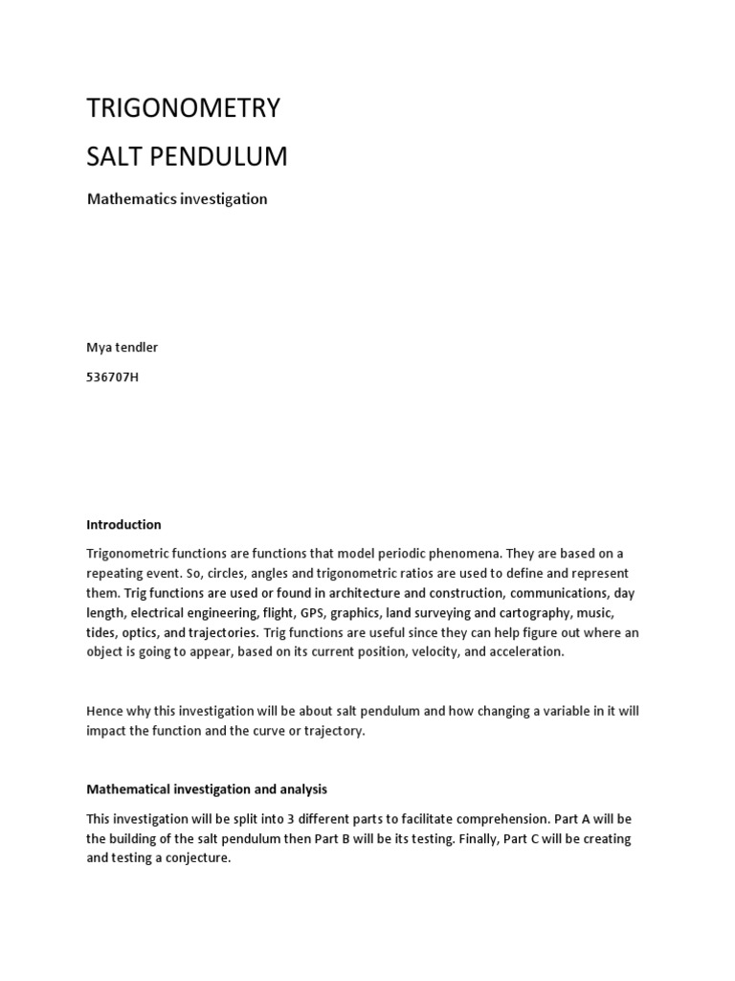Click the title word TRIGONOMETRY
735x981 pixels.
[184, 108]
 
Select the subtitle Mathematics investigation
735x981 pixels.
[177, 199]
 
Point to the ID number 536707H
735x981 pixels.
[113, 376]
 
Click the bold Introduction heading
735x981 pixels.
[124, 524]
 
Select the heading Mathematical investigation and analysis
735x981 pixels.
[207, 789]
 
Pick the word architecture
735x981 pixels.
[362, 593]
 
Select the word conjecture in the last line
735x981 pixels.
[197, 858]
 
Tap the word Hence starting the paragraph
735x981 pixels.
[105, 711]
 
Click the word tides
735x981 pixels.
[101, 632]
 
